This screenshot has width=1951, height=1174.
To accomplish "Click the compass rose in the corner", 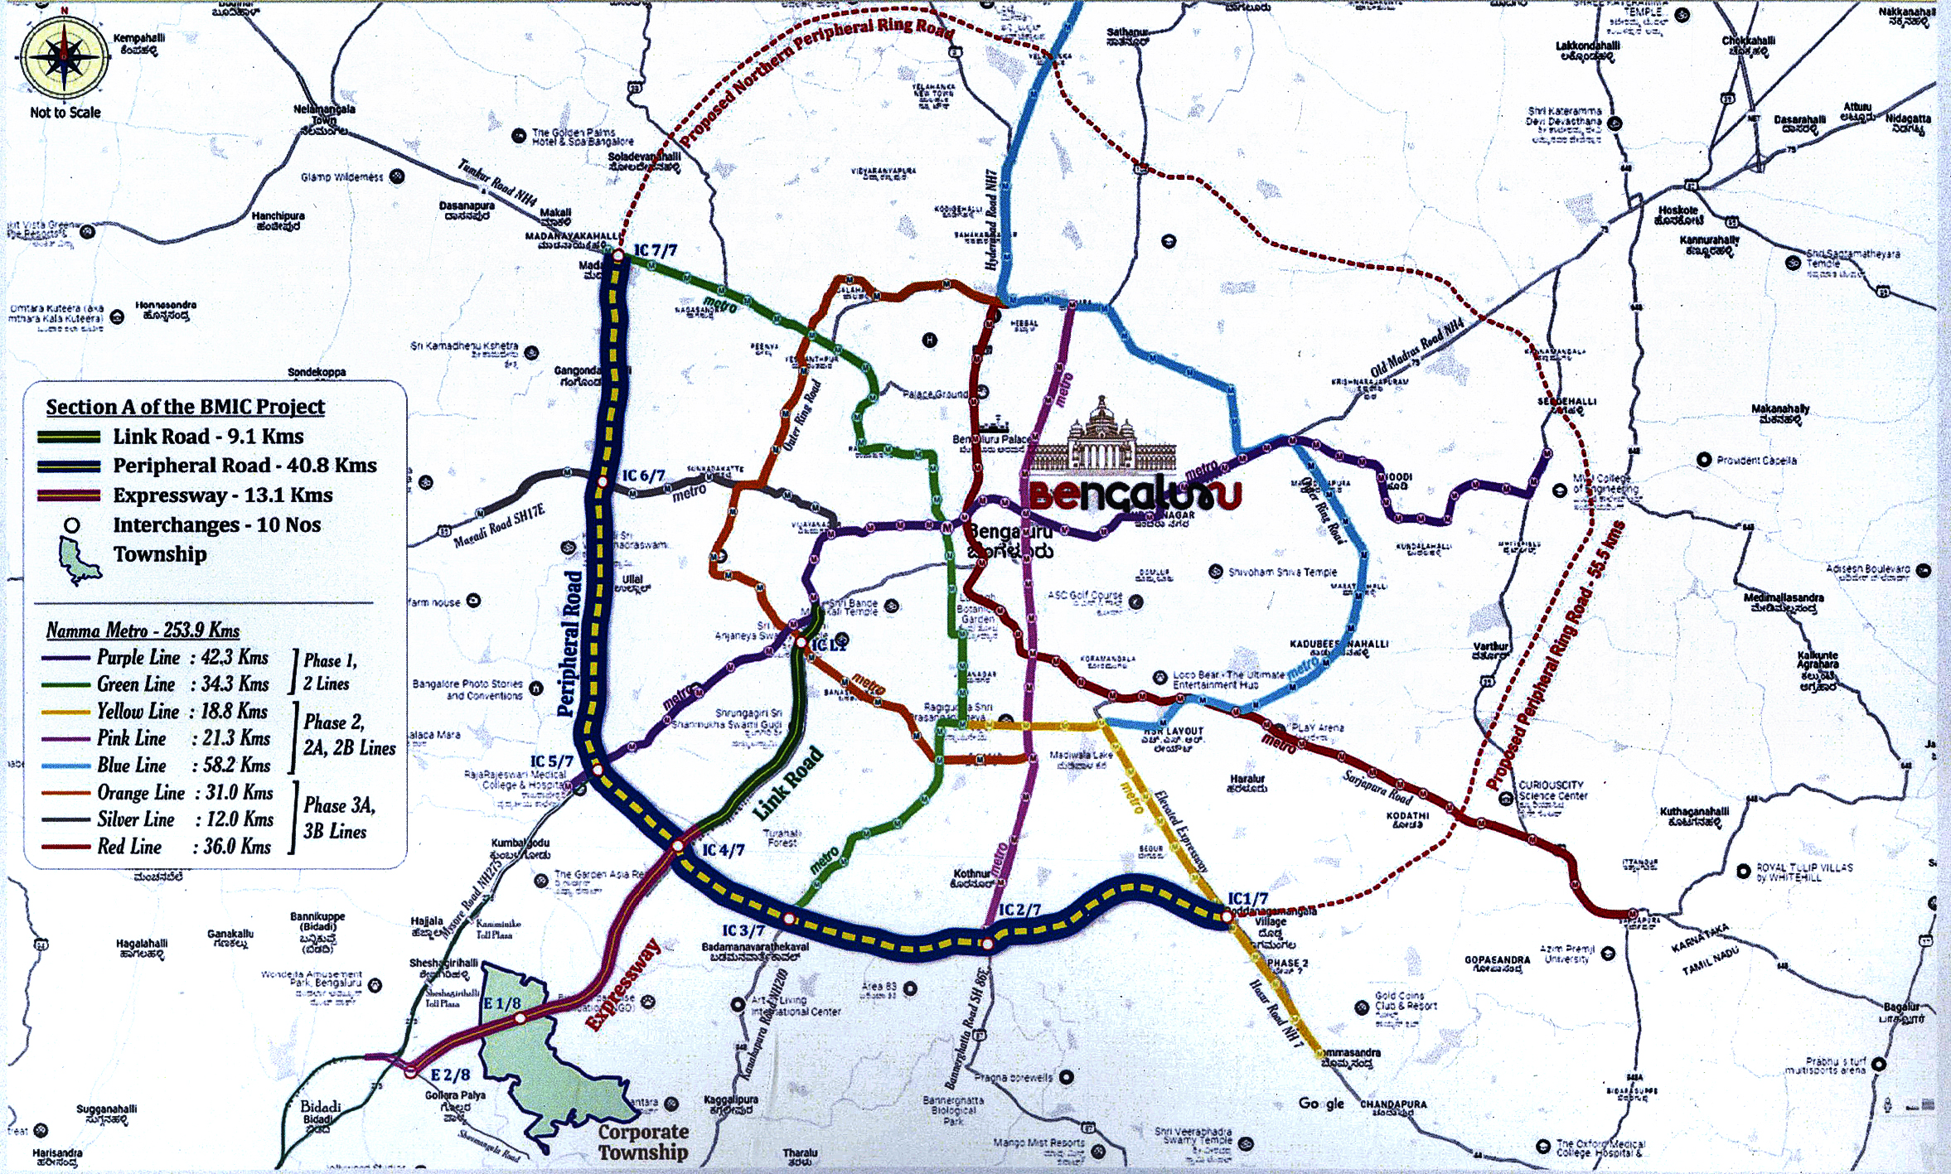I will point(64,57).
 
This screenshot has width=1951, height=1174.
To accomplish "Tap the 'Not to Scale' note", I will point(65,113).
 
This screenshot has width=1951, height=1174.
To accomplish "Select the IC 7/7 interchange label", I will point(656,250).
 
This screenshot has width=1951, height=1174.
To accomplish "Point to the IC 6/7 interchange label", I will point(643,476).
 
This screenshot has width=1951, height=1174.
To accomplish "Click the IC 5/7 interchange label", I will point(552,761).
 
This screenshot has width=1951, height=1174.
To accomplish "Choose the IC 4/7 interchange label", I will point(723,850).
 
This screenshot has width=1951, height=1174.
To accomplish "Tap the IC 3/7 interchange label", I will point(743,930).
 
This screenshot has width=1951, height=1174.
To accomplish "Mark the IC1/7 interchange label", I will point(1247,899).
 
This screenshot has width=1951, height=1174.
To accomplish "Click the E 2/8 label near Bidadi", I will point(450,1075).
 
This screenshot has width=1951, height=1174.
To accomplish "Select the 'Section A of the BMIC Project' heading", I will point(185,407).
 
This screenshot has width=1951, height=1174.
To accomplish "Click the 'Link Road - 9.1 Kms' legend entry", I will point(208,437).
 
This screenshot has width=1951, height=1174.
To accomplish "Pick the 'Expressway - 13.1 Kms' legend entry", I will point(222,495).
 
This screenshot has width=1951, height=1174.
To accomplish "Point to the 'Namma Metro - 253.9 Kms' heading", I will point(143,630).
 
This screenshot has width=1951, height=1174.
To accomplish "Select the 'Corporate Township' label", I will point(643,1142).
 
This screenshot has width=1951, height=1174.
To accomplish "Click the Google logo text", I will point(1321,1104).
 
